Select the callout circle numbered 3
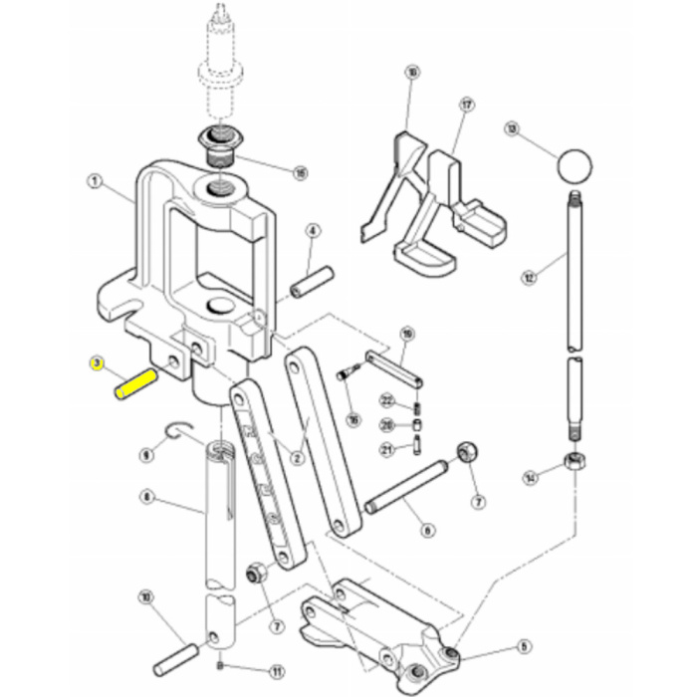97,362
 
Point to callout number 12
528,278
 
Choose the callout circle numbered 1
95,182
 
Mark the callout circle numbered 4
312,231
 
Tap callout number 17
465,105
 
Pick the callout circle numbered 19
406,333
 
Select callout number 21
386,449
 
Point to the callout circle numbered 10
146,598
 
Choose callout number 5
525,646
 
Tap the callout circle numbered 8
146,496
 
